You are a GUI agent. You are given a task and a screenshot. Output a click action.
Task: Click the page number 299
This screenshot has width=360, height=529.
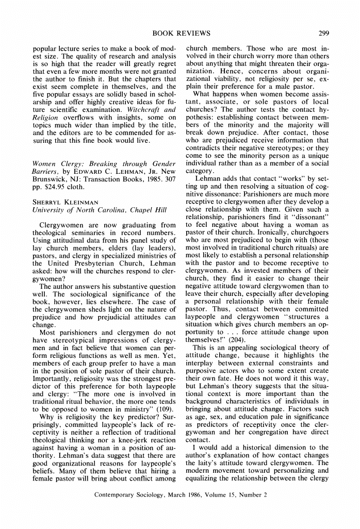324,34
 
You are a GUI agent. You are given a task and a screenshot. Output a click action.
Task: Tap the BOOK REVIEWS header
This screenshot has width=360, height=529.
181,34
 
